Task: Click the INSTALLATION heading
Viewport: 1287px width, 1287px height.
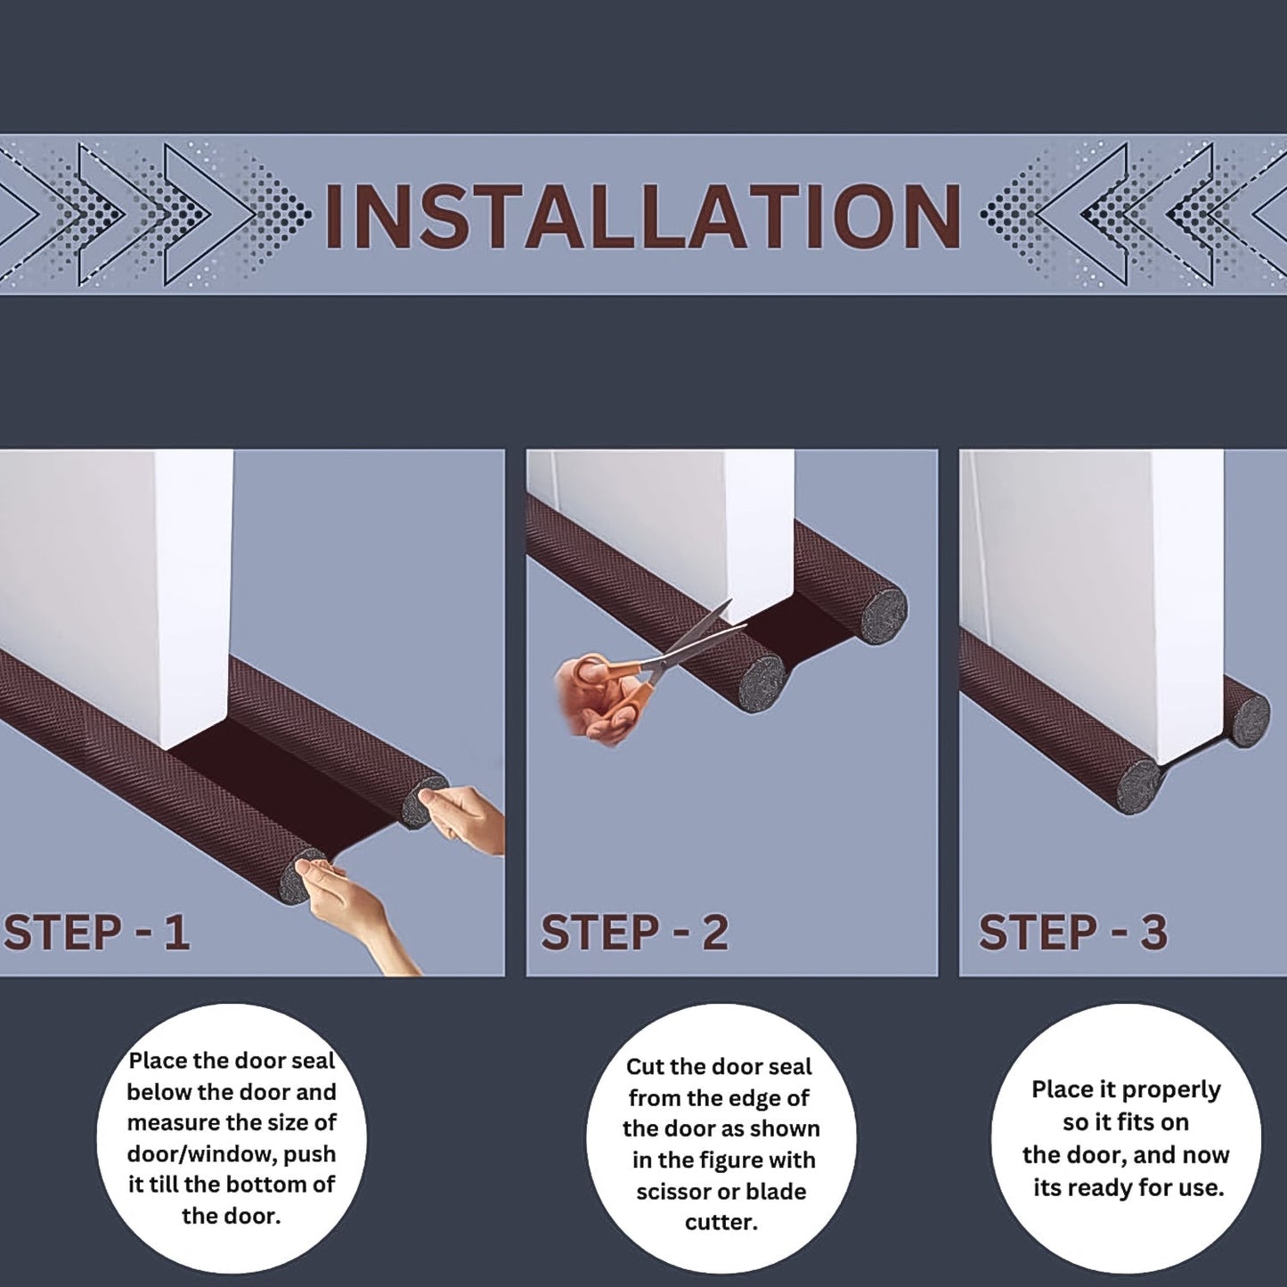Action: [643, 216]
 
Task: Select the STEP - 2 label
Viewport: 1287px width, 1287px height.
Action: [634, 933]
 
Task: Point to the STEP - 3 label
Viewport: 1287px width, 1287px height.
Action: [1072, 933]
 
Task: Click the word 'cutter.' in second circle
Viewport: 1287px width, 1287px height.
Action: [721, 1222]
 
